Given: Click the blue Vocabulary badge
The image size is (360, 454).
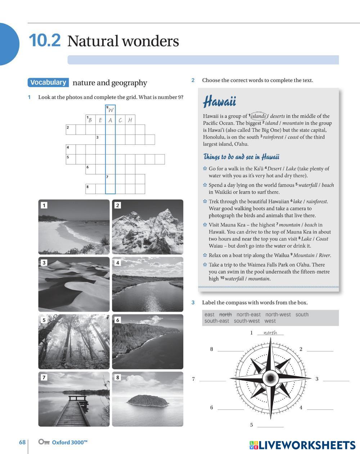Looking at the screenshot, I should tap(48, 83).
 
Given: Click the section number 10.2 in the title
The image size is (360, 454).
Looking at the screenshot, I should tap(45, 40).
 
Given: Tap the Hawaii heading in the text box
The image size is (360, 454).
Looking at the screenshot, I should tap(220, 102).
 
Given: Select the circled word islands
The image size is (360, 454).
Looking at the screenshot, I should tap(258, 116).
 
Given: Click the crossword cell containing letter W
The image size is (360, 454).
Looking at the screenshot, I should tap(111, 110).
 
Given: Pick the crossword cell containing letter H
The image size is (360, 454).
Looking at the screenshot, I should tap(130, 120).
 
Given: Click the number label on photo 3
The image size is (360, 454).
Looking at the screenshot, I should tap(44, 263).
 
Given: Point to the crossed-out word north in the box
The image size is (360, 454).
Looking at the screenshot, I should tap(225, 315).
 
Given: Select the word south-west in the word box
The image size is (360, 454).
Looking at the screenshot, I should tap(247, 321).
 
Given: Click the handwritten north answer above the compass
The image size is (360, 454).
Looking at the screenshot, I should tap(270, 333).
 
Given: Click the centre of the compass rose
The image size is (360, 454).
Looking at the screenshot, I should tap(270, 378).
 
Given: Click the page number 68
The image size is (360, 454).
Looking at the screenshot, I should tap(22, 442).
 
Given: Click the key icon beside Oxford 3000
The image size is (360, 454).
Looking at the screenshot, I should tap(44, 442).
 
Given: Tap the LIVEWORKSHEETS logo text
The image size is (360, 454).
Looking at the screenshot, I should tap(307, 445).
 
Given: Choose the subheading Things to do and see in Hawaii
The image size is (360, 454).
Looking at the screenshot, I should tap(241, 157).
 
